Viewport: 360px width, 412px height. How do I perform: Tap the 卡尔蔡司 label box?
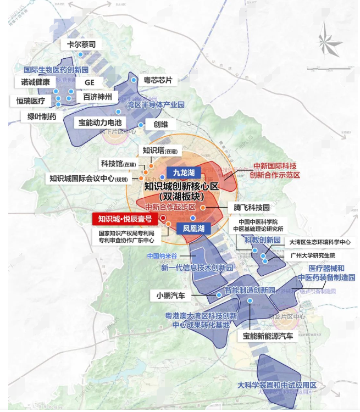coord(81,44)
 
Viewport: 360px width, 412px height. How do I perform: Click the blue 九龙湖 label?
coord(184,172)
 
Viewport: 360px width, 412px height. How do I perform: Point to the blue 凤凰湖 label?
coord(193,228)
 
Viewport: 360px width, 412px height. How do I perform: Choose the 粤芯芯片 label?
coord(158,80)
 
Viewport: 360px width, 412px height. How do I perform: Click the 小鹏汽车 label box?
coord(171,296)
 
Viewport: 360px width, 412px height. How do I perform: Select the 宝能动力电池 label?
coord(99,123)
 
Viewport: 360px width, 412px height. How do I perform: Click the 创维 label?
coord(161,124)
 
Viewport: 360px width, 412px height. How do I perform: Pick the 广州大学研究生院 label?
coord(313,256)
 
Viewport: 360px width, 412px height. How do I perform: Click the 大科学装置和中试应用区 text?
coord(278,385)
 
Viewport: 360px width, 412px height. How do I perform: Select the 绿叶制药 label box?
coord(38,116)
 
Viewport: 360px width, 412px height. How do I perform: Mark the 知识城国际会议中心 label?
coord(88,179)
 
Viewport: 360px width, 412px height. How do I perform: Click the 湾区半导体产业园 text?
coord(155,104)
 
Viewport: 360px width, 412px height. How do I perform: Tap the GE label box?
coord(90,82)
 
